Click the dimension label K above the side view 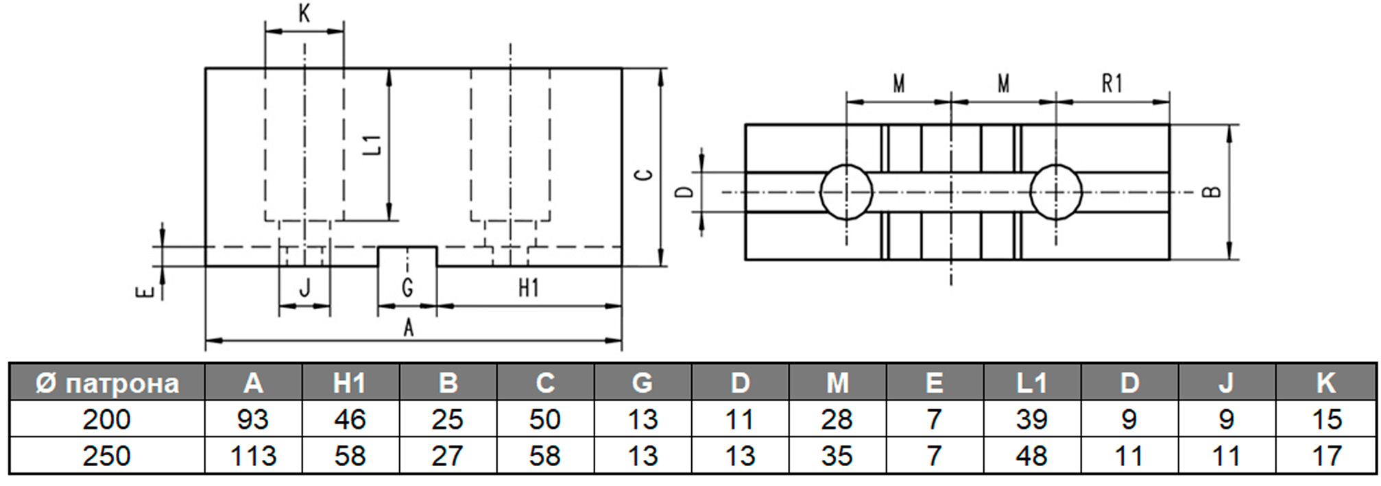tap(304, 14)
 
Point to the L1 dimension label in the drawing tap(372, 145)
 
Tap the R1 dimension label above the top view tap(1112, 84)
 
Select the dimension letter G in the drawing tap(407, 288)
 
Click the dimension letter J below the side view tap(305, 288)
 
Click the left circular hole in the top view tap(846, 192)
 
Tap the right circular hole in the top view tap(1056, 192)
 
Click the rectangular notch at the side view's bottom tap(407, 256)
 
